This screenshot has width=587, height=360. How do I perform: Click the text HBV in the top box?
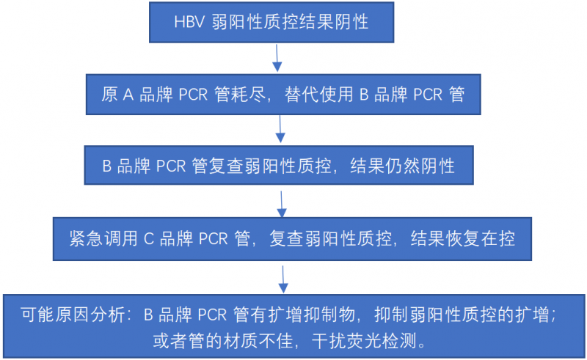[x=189, y=22]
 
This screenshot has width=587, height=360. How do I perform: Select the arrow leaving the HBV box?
[x=277, y=58]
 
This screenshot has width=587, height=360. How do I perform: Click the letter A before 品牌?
[x=128, y=95]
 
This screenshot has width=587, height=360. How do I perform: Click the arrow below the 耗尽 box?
[x=280, y=129]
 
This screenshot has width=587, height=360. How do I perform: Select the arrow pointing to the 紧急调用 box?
[x=282, y=205]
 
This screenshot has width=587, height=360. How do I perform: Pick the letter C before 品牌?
[x=149, y=239]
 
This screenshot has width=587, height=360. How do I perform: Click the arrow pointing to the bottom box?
[x=283, y=279]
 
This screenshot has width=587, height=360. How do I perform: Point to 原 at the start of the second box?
[x=109, y=95]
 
